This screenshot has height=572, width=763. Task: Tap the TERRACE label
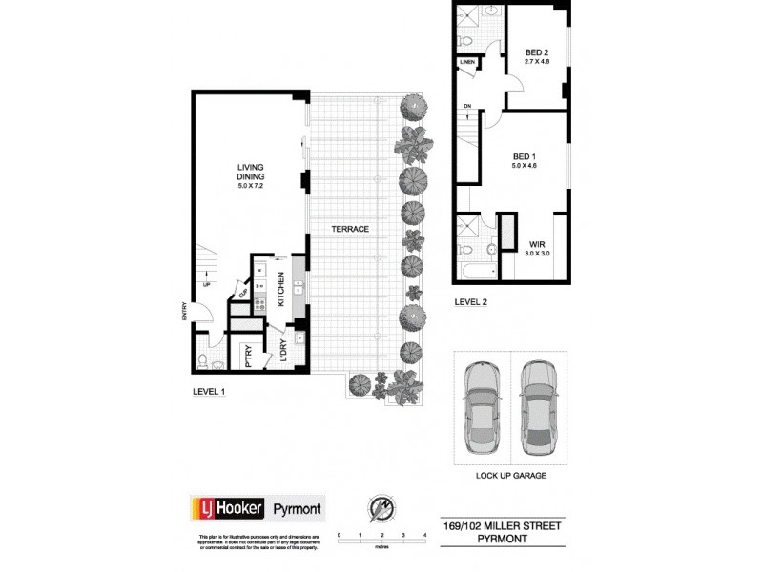(351, 230)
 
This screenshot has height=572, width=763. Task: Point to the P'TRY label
(248, 356)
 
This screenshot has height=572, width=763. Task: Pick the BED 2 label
(537, 56)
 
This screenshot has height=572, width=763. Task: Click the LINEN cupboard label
(467, 63)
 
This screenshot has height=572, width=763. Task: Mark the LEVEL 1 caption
(208, 391)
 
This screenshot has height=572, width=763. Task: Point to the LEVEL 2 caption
(472, 302)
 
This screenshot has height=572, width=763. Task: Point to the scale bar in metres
(381, 541)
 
